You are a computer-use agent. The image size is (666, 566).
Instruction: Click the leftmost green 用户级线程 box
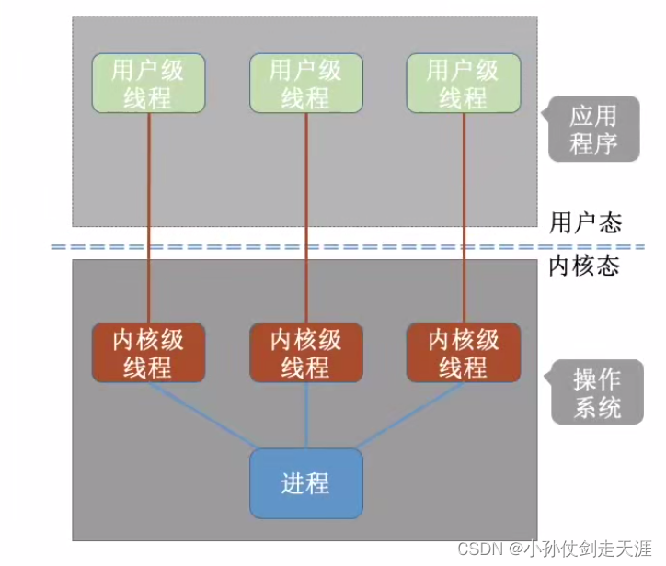click(148, 84)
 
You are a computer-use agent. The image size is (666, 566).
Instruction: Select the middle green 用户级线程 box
click(305, 84)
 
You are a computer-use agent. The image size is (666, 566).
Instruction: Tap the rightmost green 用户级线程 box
click(463, 84)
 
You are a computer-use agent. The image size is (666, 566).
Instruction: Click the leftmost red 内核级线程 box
click(148, 353)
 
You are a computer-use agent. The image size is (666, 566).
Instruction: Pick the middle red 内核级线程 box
click(305, 353)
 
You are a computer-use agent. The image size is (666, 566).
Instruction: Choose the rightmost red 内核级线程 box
click(463, 353)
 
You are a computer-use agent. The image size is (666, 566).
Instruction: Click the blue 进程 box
click(305, 483)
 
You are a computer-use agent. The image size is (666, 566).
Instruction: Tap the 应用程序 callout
click(593, 130)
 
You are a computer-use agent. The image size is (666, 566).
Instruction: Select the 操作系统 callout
click(597, 392)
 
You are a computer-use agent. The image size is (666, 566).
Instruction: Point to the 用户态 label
click(585, 222)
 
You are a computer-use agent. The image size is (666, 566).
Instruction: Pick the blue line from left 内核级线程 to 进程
click(202, 415)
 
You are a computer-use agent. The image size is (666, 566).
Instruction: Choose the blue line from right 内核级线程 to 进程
click(409, 415)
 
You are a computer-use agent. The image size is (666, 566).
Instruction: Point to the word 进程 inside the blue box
click(305, 483)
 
